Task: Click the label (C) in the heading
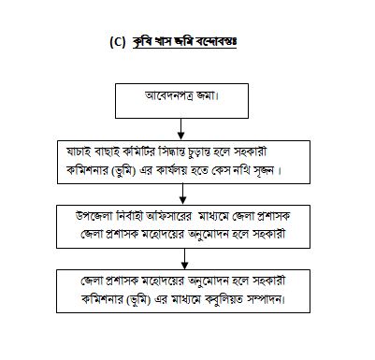[x=117, y=42]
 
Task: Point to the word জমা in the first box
[x=207, y=95]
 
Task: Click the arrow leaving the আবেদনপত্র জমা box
[x=180, y=129]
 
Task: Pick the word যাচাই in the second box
[x=79, y=152]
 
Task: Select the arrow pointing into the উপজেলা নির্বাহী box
[x=183, y=194]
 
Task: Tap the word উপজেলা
[x=94, y=216]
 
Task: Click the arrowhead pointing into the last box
[x=185, y=266]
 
